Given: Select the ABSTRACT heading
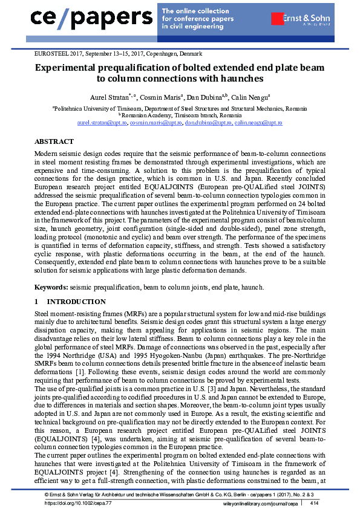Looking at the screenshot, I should pos(54,141).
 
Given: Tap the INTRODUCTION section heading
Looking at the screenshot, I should pos(76,302).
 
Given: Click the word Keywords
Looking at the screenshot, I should pos(51,286).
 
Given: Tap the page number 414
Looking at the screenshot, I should pos(315,502).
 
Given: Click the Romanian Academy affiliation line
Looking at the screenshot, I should pos(180,115).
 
